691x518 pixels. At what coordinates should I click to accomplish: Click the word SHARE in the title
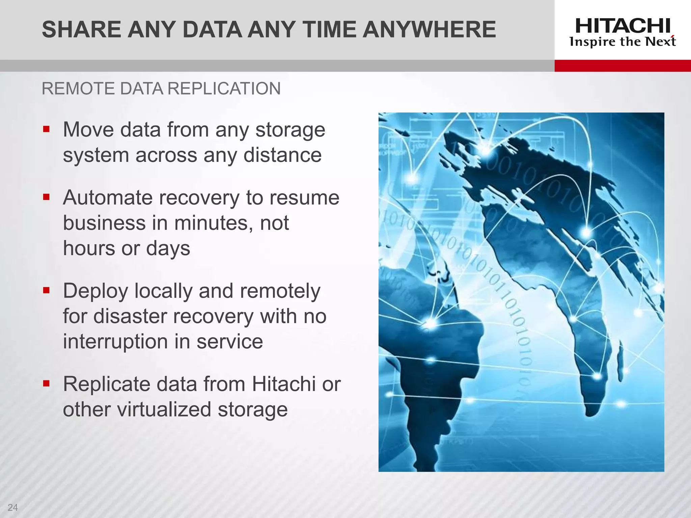[81, 30]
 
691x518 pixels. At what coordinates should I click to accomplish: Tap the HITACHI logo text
[623, 26]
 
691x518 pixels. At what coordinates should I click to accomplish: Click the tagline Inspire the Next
[623, 42]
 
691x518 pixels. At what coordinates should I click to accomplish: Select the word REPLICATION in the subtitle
[224, 89]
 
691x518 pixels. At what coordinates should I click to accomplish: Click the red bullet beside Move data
[47, 129]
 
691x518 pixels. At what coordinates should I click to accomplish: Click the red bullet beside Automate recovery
[47, 197]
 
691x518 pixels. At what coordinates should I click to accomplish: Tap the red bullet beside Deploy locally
[47, 290]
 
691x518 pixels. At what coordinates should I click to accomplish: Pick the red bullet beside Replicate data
[47, 383]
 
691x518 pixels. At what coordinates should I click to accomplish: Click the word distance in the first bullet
[282, 155]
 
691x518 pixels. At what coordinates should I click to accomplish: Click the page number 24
[13, 507]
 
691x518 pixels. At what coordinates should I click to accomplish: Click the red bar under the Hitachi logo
[623, 66]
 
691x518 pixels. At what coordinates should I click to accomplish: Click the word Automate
[108, 198]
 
